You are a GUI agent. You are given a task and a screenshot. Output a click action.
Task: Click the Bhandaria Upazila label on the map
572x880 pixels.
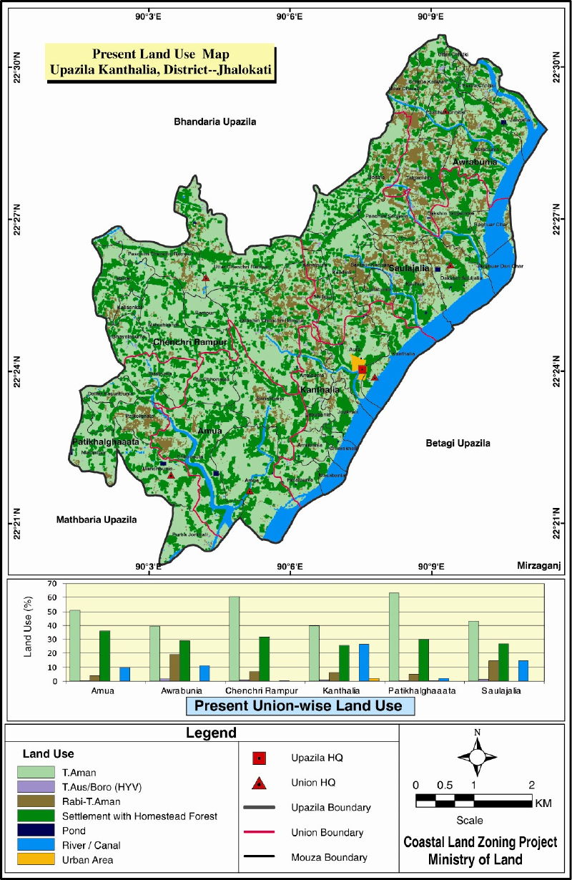tap(214, 122)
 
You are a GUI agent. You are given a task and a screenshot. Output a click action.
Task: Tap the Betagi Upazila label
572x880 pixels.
tap(458, 443)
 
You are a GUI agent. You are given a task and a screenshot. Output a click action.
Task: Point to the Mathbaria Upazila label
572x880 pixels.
tap(96, 519)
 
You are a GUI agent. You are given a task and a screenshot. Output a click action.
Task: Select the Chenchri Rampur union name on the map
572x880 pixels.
tap(189, 343)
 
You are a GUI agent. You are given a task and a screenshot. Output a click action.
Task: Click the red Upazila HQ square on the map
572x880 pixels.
tap(363, 370)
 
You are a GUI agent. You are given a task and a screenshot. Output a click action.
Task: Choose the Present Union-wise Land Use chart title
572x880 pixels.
tap(300, 706)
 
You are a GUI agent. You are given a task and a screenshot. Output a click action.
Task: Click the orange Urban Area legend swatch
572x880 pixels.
tap(38, 859)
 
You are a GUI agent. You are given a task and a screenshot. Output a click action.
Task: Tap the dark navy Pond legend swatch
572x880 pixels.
tap(38, 831)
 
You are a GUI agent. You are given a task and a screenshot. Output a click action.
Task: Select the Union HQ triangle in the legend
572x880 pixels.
tap(260, 783)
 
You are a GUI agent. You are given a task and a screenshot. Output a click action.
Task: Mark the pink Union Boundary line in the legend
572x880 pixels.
tap(260, 832)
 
